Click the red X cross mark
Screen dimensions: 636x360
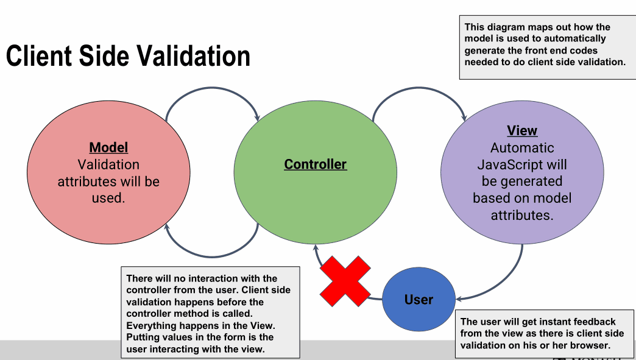tap(345, 281)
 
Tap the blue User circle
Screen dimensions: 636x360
tap(419, 299)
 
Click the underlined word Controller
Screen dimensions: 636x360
tap(315, 164)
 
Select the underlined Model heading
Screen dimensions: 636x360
tap(108, 147)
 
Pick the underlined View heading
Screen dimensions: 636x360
tap(522, 130)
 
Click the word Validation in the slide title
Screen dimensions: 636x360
tap(193, 55)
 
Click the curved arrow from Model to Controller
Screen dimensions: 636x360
tap(212, 88)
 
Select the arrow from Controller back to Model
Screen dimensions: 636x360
tap(212, 256)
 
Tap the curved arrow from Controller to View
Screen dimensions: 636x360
tap(419, 88)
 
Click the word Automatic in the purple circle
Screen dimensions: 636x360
tap(522, 147)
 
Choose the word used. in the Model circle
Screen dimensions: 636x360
tap(108, 198)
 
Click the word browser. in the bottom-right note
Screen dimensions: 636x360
tap(590, 345)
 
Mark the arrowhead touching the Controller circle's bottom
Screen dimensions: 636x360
tap(316, 248)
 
